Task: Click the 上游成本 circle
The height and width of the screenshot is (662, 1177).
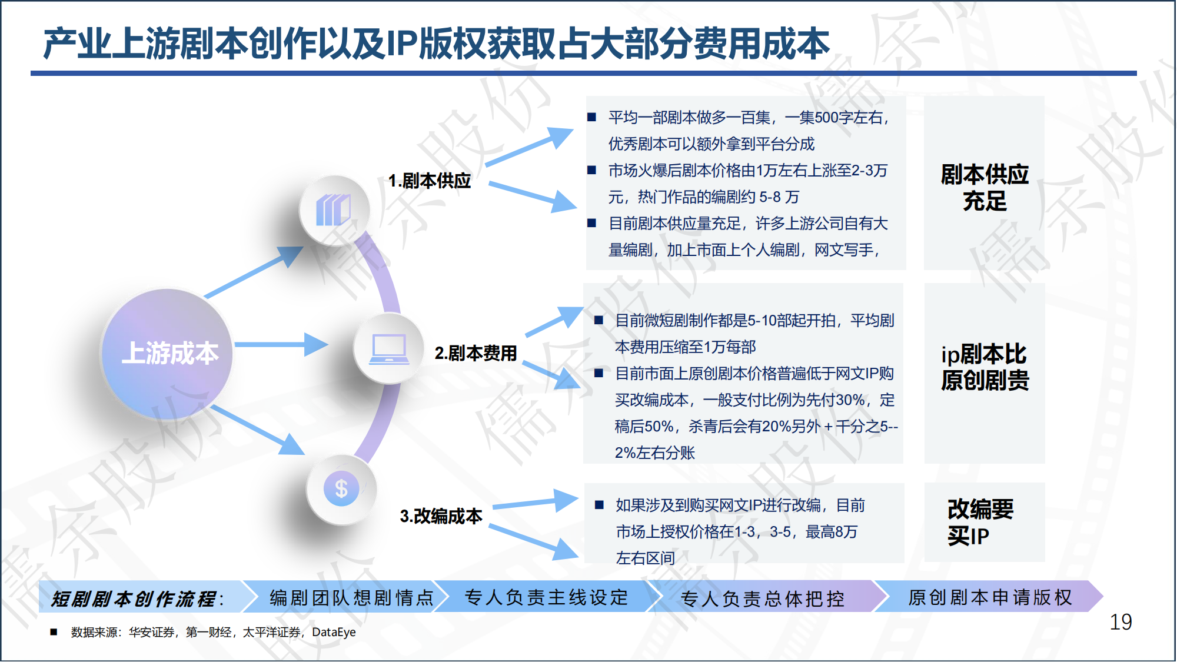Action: (167, 354)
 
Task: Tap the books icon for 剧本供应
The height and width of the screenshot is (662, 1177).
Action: (334, 210)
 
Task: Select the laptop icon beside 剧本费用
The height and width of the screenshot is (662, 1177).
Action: (388, 348)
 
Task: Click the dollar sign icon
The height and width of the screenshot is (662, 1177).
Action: (341, 488)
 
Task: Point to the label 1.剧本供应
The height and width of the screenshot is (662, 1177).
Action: (430, 181)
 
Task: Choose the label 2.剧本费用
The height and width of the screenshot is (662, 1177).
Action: (476, 353)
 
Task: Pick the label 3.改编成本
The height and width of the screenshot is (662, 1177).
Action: (441, 516)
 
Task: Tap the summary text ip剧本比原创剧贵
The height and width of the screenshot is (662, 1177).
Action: (985, 367)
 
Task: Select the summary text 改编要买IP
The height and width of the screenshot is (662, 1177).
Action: (980, 522)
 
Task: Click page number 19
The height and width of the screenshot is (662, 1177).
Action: (1121, 622)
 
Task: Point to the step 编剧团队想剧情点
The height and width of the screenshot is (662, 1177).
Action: (351, 598)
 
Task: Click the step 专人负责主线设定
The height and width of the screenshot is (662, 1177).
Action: (547, 597)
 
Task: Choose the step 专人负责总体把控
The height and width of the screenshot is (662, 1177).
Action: (763, 598)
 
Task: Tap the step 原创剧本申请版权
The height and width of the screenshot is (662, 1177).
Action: (990, 597)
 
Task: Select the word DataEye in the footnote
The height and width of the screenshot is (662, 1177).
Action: (334, 633)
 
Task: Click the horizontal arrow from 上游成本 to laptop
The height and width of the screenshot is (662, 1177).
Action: (281, 344)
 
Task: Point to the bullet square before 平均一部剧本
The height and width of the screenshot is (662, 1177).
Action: (591, 117)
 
